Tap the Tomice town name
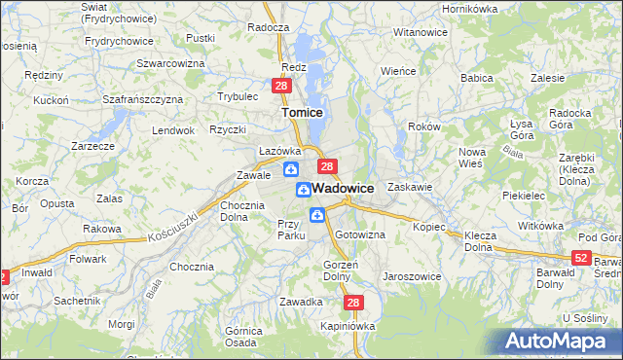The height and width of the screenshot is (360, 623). [302, 113]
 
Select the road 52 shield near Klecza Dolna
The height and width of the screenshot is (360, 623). [581, 258]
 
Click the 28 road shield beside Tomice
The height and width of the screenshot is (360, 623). [280, 87]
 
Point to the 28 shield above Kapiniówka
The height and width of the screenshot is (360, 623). [353, 304]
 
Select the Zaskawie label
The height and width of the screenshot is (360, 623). [409, 186]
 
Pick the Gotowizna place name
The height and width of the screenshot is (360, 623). [360, 235]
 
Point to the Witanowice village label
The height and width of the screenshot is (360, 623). [420, 32]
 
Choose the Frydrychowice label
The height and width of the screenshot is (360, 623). [119, 41]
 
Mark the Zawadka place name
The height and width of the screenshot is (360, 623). [301, 302]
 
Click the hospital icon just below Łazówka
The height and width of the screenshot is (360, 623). [290, 170]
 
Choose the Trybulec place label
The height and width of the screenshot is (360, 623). [237, 96]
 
